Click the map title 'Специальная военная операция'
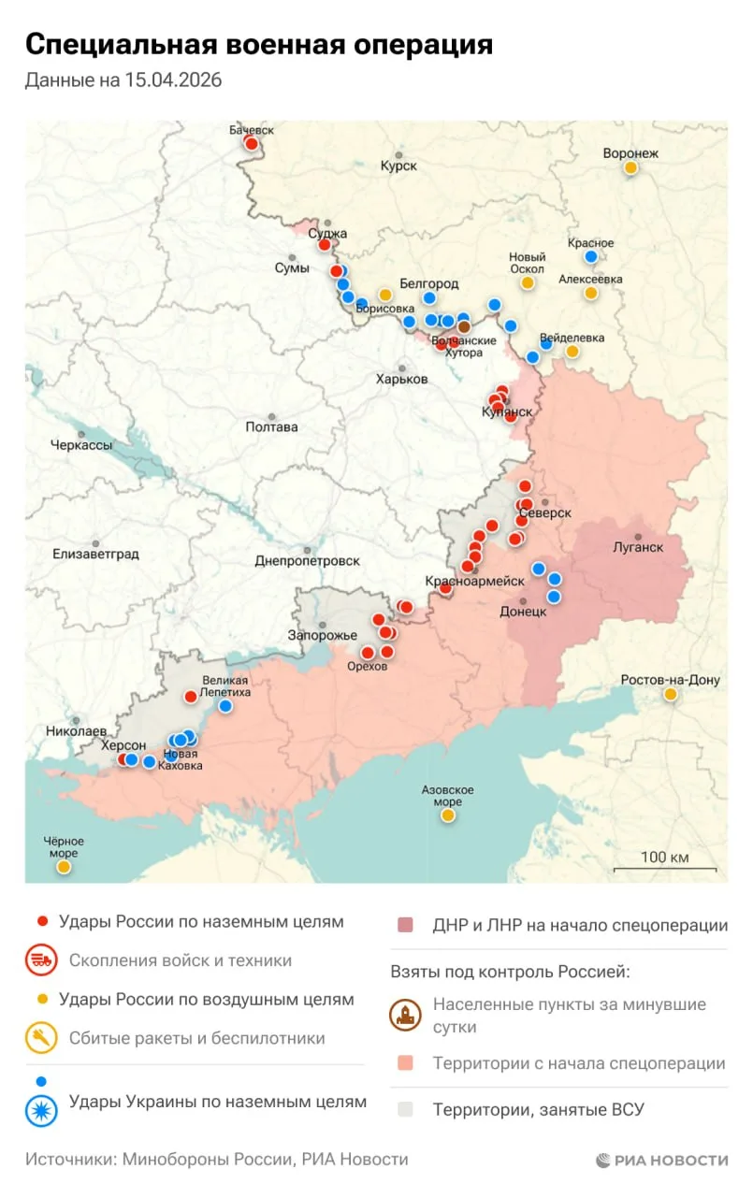point(258,44)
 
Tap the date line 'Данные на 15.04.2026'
point(123,80)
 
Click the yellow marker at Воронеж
point(631,168)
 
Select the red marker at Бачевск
point(251,143)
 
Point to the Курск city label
point(398,166)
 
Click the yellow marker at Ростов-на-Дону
point(671,694)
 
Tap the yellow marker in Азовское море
point(448,815)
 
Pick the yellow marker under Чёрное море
point(64,867)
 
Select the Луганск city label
point(637,547)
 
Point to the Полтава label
point(271,426)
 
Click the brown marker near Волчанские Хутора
point(464,327)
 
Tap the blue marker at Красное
point(591,257)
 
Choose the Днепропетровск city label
point(307,561)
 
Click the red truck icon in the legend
point(40,960)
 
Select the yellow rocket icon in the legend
point(40,1038)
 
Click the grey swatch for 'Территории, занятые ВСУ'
point(405,1110)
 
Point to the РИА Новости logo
point(661,1160)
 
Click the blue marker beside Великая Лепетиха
point(225,706)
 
